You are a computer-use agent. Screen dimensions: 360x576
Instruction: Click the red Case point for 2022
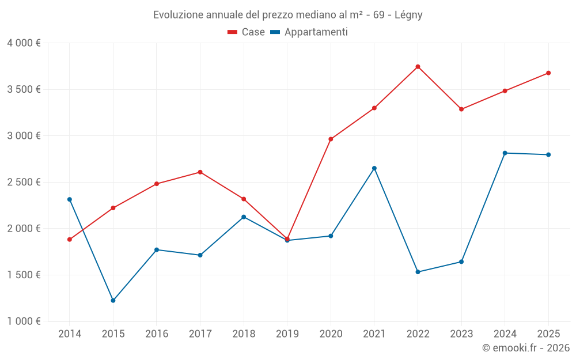pyautogui.click(x=418, y=67)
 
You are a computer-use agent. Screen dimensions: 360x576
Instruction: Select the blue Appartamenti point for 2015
pyautogui.click(x=113, y=301)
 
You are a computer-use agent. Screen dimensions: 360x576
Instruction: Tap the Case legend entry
pyautogui.click(x=246, y=32)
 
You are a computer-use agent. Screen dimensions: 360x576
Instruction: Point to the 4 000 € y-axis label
pyautogui.click(x=24, y=43)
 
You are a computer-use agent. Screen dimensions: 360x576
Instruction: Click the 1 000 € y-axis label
pyautogui.click(x=24, y=321)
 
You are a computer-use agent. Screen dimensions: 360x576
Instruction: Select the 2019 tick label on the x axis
pyautogui.click(x=287, y=334)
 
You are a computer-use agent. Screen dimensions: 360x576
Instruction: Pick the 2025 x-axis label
pyautogui.click(x=548, y=334)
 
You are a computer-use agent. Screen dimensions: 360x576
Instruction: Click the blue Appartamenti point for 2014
pyautogui.click(x=70, y=199)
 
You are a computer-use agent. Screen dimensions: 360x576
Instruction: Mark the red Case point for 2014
pyautogui.click(x=70, y=240)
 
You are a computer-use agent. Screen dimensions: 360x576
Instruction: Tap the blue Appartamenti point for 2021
pyautogui.click(x=374, y=168)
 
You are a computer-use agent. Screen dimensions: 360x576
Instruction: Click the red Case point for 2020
pyautogui.click(x=331, y=139)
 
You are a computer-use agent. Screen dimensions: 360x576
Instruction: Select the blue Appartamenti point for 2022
pyautogui.click(x=418, y=272)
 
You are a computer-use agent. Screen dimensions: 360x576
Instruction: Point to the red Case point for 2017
pyautogui.click(x=200, y=172)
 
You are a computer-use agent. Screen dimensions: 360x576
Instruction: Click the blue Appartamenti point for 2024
pyautogui.click(x=505, y=153)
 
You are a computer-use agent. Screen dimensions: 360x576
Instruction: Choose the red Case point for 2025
pyautogui.click(x=548, y=73)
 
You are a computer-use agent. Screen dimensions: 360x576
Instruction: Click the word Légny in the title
pyautogui.click(x=409, y=15)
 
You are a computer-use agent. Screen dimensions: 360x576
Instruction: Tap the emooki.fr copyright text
pyautogui.click(x=525, y=348)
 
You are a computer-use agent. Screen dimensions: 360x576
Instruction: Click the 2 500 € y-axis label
pyautogui.click(x=24, y=182)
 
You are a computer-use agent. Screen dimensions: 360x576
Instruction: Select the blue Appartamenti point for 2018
pyautogui.click(x=244, y=217)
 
